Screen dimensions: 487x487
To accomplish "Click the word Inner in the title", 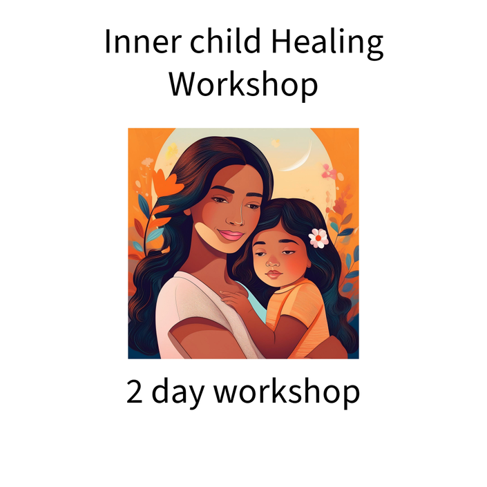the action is point(143,41).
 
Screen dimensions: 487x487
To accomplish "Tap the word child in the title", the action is point(225,41).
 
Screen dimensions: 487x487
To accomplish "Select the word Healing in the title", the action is point(327,44).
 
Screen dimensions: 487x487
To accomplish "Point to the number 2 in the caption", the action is point(134,392).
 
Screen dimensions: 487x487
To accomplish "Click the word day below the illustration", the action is point(178,394).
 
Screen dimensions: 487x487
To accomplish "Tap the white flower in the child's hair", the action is point(318,238).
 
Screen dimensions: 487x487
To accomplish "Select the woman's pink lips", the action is point(231,235).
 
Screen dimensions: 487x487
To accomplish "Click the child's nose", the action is point(273,262).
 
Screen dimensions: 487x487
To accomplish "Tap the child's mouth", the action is point(274,274).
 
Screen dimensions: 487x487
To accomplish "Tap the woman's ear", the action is point(188,212).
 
